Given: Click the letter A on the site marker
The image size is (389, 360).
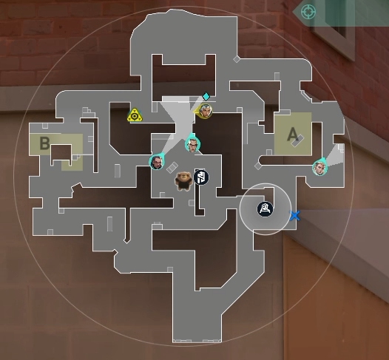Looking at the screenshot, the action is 293,134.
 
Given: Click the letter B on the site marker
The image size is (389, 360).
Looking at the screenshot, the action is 44,143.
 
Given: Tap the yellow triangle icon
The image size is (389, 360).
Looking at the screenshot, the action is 135,115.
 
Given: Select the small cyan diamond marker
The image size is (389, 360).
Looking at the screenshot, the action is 206,96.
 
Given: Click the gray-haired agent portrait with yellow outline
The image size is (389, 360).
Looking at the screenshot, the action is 205,111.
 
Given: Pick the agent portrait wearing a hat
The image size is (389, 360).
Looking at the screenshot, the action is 192,144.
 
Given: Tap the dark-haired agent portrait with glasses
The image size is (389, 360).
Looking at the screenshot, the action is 157,162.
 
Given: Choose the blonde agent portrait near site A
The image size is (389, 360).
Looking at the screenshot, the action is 319,167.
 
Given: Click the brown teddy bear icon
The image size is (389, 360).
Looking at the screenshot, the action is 184,181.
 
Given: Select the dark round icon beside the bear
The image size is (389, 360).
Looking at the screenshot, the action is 201,177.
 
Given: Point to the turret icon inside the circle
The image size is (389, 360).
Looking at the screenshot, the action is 265,209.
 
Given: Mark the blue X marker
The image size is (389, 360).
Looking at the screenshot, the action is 295,215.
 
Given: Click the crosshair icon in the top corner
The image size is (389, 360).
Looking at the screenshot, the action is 308,11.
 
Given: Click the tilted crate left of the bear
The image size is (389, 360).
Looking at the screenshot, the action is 172,167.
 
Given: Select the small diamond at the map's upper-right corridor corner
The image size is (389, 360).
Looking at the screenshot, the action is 237,59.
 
